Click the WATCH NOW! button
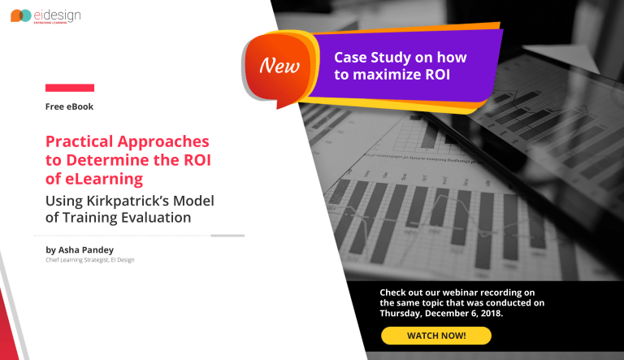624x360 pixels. pyautogui.click(x=436, y=336)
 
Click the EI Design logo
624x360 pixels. pyautogui.click(x=45, y=15)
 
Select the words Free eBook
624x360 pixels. pyautogui.click(x=71, y=106)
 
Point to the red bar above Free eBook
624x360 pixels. pyautogui.click(x=70, y=88)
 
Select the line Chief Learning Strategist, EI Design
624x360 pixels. pyautogui.click(x=90, y=260)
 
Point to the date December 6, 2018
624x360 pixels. pyautogui.click(x=465, y=313)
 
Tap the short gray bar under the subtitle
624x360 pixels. pyautogui.click(x=227, y=236)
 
